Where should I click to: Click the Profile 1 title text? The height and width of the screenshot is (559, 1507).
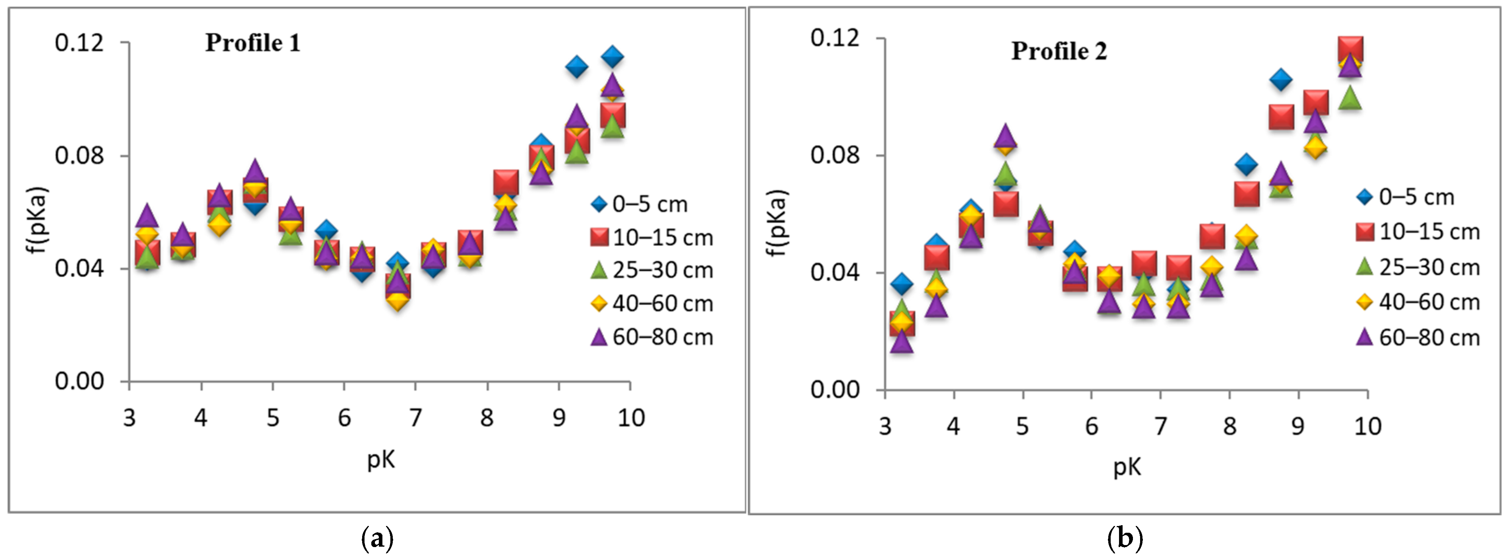[x=253, y=43]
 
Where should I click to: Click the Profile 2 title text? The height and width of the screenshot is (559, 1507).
[x=1059, y=51]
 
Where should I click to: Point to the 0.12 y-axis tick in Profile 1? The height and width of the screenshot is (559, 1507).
[x=79, y=43]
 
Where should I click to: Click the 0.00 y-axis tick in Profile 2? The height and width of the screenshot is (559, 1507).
[x=835, y=389]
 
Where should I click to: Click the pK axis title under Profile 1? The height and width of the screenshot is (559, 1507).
[x=381, y=460]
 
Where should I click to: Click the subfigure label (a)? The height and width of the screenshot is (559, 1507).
[x=377, y=538]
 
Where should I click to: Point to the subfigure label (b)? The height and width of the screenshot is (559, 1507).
[x=1125, y=538]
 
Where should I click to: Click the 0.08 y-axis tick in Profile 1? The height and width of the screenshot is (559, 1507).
[x=79, y=156]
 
